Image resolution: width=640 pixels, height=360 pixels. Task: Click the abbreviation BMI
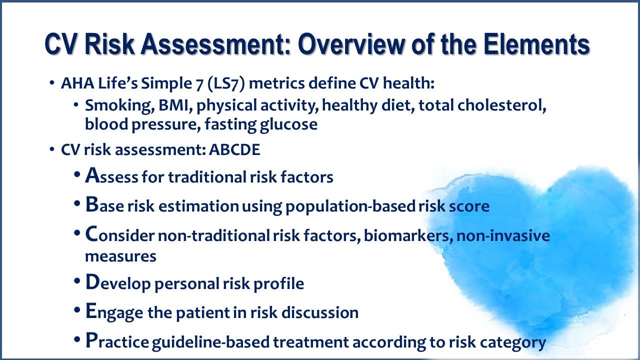pyautogui.click(x=164, y=106)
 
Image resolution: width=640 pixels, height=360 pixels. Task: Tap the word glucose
pyautogui.click(x=288, y=124)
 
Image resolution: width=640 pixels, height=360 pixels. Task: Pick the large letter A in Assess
pyautogui.click(x=91, y=175)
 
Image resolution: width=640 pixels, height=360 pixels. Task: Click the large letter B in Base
pyautogui.click(x=91, y=205)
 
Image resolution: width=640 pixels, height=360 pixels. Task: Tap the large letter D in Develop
pyautogui.click(x=92, y=282)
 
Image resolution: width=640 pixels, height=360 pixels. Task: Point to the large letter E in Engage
pyautogui.click(x=90, y=311)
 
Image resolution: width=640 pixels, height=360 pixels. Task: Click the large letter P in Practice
pyautogui.click(x=90, y=341)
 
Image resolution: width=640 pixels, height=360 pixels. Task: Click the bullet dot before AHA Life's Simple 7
pyautogui.click(x=52, y=83)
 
